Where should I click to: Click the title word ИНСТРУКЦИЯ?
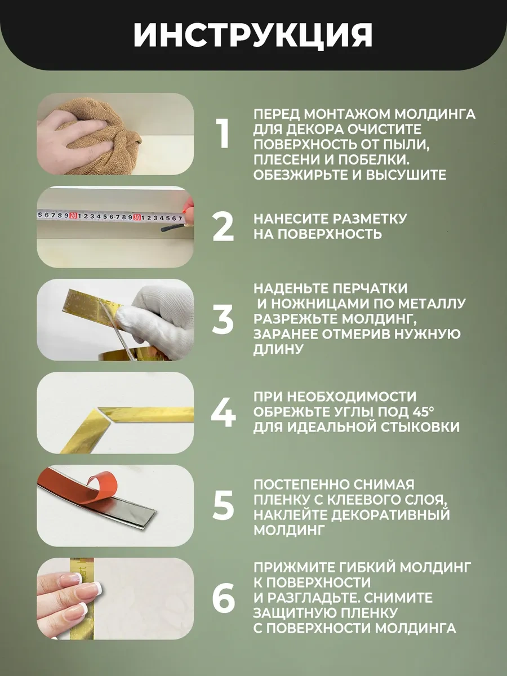click(253, 35)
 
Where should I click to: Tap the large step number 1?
click(223, 134)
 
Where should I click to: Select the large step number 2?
click(223, 226)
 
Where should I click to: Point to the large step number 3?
click(223, 319)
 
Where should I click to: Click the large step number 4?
click(223, 412)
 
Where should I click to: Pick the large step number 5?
click(223, 505)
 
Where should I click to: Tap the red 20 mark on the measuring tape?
click(73, 215)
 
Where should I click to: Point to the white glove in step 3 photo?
click(157, 321)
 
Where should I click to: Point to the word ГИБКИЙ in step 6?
click(350, 567)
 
